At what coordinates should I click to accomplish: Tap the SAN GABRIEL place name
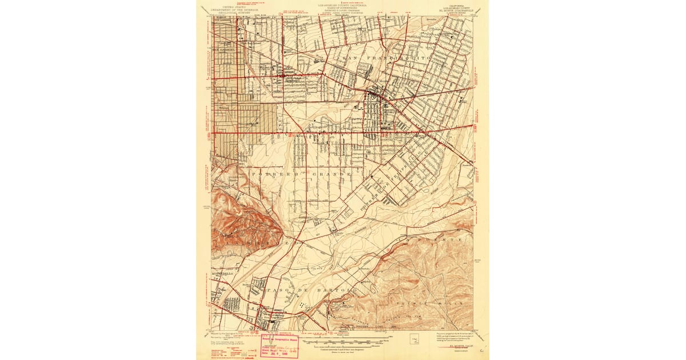tap(224, 50)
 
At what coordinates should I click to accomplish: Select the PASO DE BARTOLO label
tap(312, 290)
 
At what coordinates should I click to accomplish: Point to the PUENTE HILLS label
tap(434, 302)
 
